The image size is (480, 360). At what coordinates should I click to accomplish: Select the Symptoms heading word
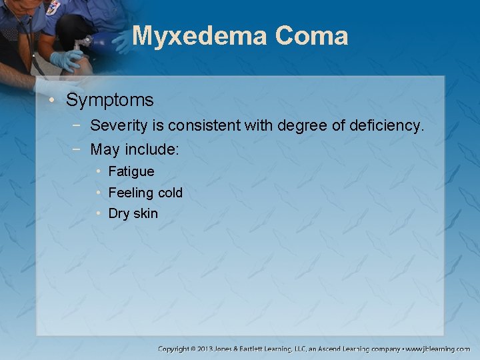coord(110,101)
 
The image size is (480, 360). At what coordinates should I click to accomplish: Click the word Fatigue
coord(131,171)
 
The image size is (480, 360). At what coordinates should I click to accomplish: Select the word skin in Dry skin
coord(145,213)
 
